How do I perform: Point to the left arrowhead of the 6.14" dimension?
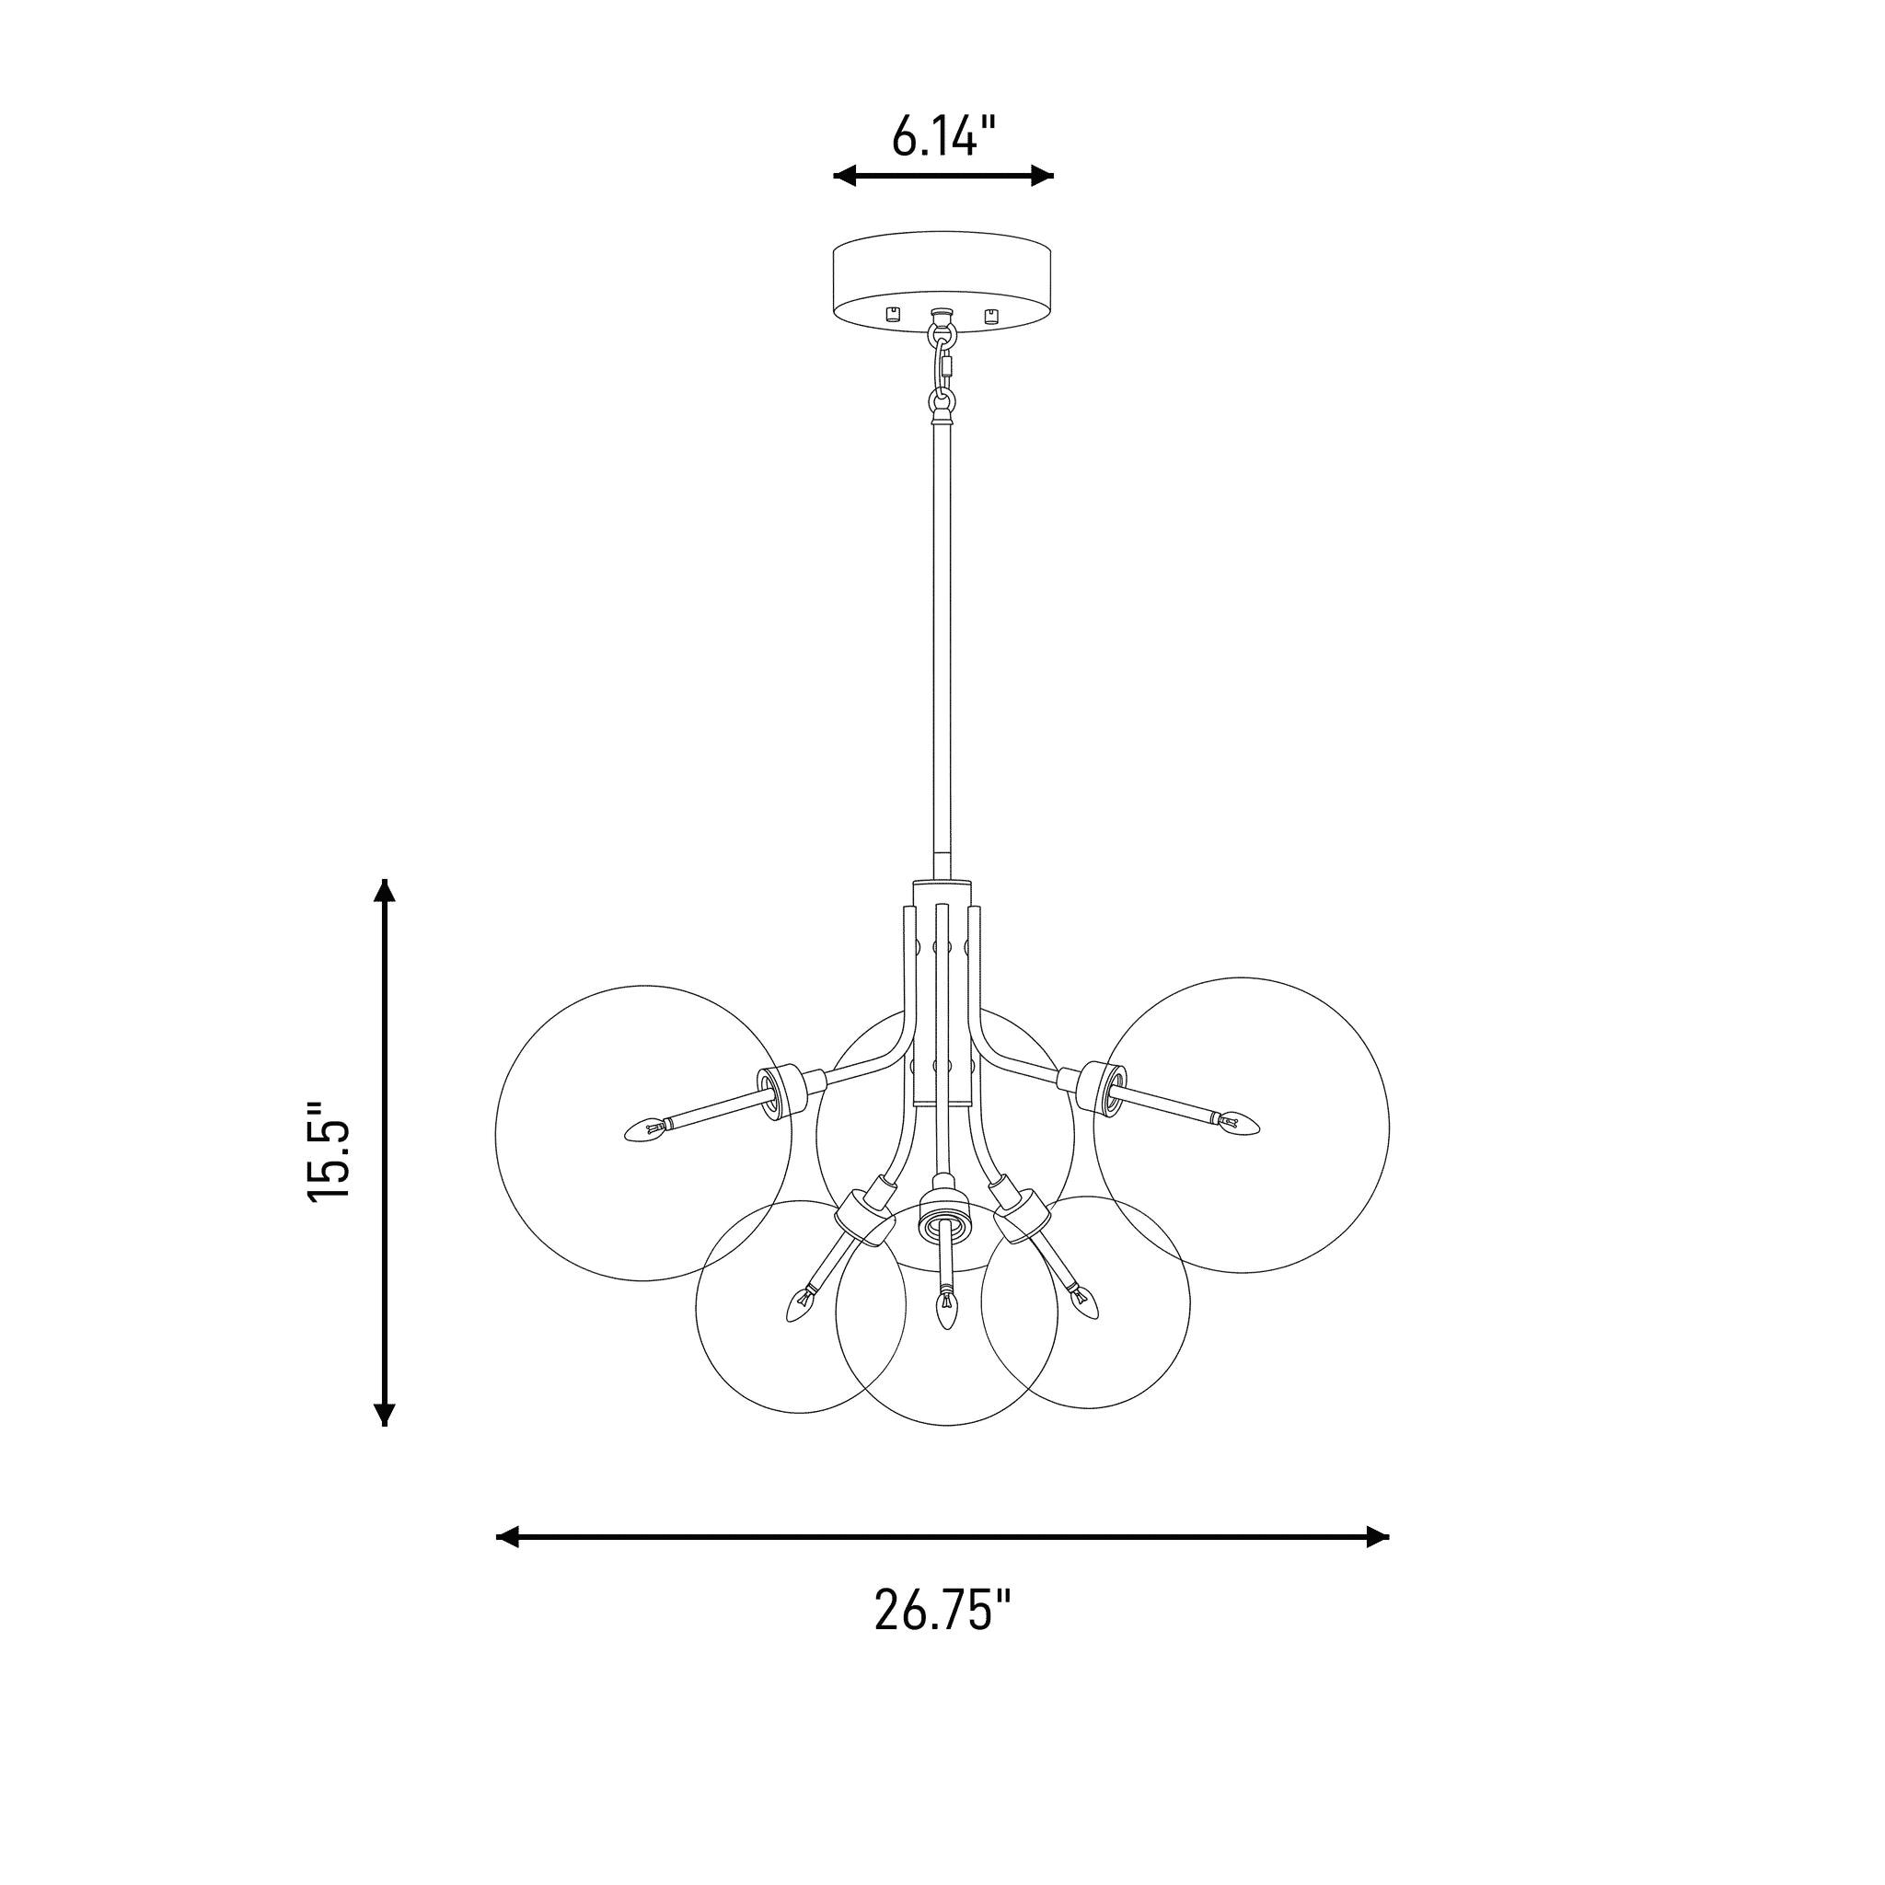(845, 176)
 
